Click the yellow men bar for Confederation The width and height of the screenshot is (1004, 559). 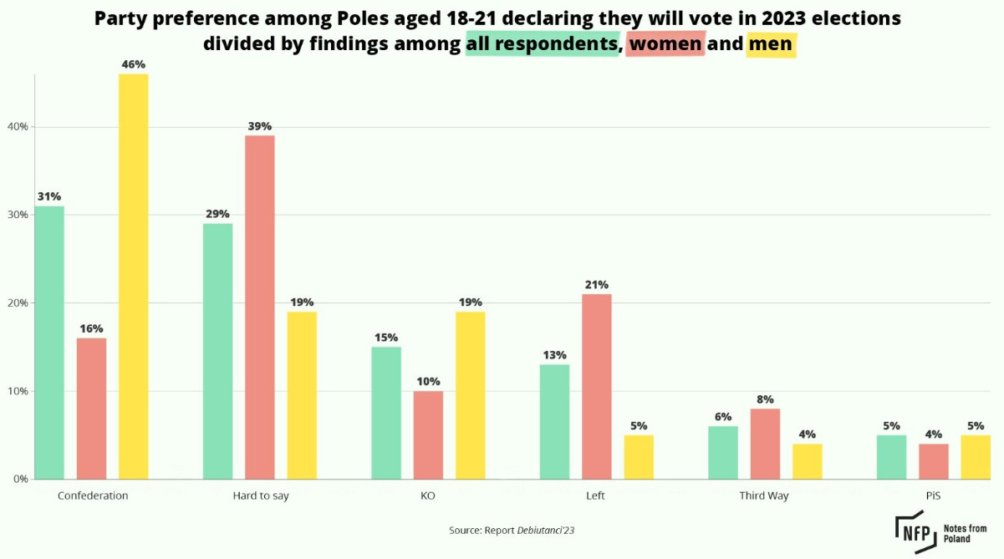pyautogui.click(x=134, y=276)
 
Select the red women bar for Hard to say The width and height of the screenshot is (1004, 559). pyautogui.click(x=259, y=307)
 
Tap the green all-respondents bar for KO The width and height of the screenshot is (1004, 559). pyautogui.click(x=386, y=413)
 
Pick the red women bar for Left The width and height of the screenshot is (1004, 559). pyautogui.click(x=596, y=386)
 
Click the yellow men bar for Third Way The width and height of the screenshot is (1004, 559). pyautogui.click(x=808, y=461)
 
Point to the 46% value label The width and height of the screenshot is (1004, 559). pyautogui.click(x=134, y=64)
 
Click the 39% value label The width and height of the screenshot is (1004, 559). pyautogui.click(x=259, y=126)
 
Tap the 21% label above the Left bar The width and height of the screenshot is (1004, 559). pyautogui.click(x=596, y=285)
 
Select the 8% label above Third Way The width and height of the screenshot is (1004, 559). pyautogui.click(x=765, y=399)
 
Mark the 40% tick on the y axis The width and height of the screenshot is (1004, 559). pyautogui.click(x=18, y=127)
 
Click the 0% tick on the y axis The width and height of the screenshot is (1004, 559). pyautogui.click(x=20, y=480)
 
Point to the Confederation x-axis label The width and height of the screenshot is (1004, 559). pyautogui.click(x=93, y=495)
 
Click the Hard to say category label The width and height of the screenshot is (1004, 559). pyautogui.click(x=261, y=495)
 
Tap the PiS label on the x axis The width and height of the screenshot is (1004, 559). pyautogui.click(x=933, y=495)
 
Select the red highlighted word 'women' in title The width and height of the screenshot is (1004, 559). pyautogui.click(x=666, y=43)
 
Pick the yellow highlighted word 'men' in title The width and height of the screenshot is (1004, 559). pyautogui.click(x=770, y=43)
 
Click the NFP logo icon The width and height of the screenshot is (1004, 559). pyautogui.click(x=915, y=531)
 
